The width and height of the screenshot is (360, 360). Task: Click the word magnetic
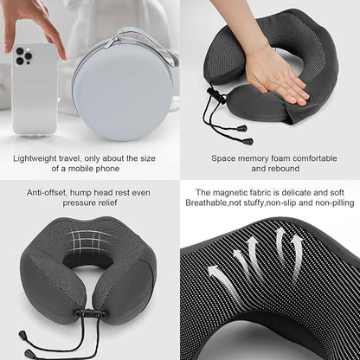pos(233,192)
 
